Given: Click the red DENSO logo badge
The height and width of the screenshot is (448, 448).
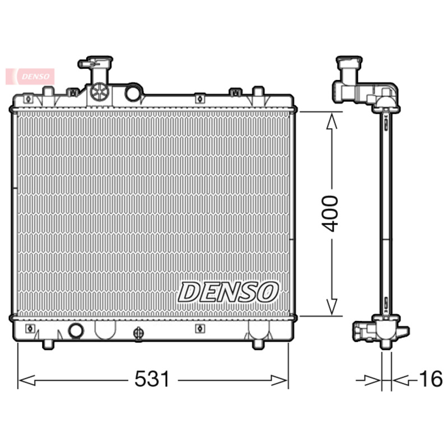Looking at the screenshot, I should click(x=30, y=76).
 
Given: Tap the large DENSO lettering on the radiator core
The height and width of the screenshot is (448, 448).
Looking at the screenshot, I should click(x=228, y=291).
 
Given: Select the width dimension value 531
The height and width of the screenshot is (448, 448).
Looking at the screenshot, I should click(x=152, y=380).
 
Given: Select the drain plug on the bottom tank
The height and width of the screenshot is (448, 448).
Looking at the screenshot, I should click(x=137, y=334).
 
